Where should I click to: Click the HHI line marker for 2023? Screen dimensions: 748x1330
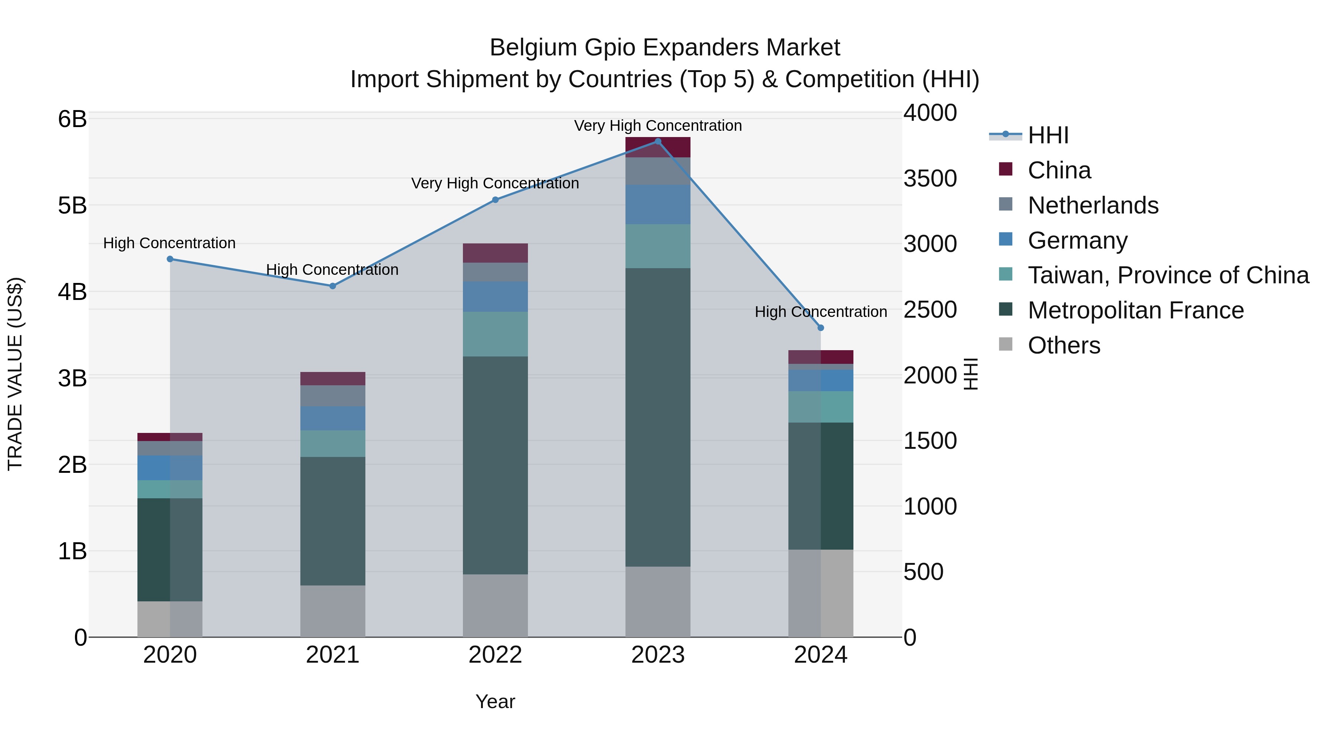tap(658, 141)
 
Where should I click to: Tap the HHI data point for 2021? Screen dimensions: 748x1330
tap(332, 286)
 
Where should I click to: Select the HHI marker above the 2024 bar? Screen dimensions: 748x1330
tap(821, 328)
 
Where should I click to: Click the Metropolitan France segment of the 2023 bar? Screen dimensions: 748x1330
tap(658, 417)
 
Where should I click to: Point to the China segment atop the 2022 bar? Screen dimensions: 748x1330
tap(495, 253)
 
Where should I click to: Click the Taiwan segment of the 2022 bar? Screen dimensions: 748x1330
tap(495, 334)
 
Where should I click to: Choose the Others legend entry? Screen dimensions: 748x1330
tap(1064, 345)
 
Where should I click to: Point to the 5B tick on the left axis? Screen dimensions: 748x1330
tap(72, 205)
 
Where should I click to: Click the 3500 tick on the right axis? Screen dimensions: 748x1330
tap(930, 179)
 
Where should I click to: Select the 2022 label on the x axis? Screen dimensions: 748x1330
tap(495, 655)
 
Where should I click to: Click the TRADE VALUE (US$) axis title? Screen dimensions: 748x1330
tap(16, 374)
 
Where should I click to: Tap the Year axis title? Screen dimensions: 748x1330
tap(495, 701)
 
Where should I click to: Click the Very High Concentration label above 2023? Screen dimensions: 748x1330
tap(658, 126)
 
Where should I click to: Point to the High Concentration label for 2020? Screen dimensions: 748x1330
tap(169, 243)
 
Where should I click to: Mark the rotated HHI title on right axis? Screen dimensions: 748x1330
tap(971, 374)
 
